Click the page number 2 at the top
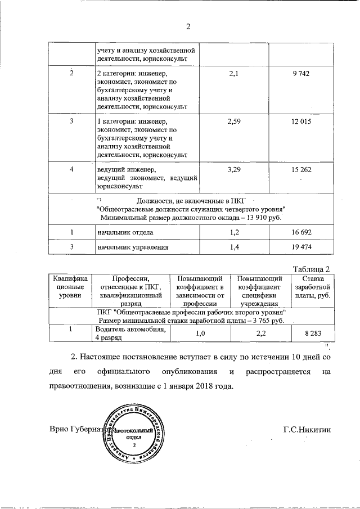189,26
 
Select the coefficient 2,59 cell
233,121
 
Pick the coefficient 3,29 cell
233,169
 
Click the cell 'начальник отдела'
124,232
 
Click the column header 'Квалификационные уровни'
71,286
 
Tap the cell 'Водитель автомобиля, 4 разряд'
130,333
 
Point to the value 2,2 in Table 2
260,334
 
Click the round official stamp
134,436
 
